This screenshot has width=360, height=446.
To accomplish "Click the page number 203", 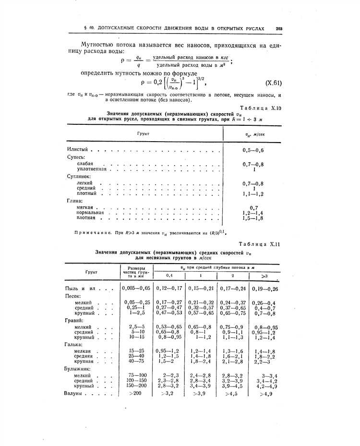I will click(279, 28).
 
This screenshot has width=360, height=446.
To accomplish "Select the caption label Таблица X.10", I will click(259, 108).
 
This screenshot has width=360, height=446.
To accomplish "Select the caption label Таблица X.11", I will click(259, 244).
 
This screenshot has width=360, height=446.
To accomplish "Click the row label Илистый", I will click(77, 150).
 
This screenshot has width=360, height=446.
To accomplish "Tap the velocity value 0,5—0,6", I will click(253, 150).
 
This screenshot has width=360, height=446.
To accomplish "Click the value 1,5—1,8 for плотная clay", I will click(253, 218).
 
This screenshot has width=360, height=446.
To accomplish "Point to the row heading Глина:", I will click(75, 201).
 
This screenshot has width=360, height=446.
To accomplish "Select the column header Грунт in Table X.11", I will click(91, 272).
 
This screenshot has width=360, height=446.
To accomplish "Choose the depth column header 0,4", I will click(169, 276).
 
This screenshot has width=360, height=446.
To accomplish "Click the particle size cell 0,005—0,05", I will click(136, 288).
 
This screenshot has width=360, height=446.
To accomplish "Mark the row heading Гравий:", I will click(74, 320).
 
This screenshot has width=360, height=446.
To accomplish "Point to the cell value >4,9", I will click(266, 394).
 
